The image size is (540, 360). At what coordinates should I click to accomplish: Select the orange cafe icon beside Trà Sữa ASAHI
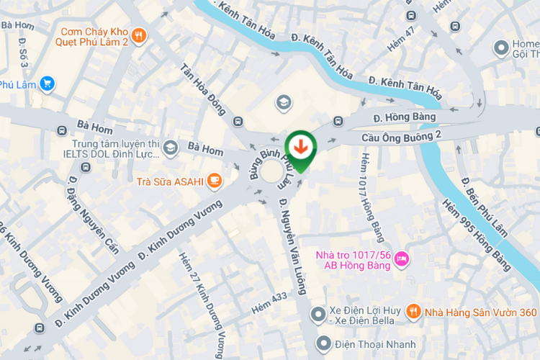[214, 181]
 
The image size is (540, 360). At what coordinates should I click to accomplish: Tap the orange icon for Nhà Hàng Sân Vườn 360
[413, 312]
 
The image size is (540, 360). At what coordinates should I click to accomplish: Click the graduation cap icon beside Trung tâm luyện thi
[171, 148]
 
